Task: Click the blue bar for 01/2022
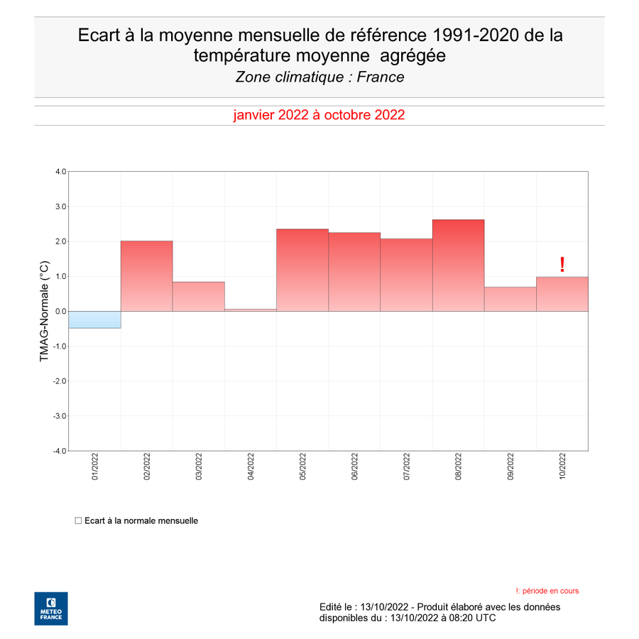(94, 319)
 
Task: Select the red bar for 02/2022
(147, 276)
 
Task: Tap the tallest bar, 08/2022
(459, 266)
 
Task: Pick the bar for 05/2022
(302, 271)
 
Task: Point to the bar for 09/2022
(510, 299)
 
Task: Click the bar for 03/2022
(199, 297)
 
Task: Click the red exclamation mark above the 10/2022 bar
(562, 265)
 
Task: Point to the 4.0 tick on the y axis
(61, 172)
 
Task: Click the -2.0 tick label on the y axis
(60, 381)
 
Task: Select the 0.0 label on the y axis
(61, 312)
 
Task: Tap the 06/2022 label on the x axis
(354, 466)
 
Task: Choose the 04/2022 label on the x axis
(251, 466)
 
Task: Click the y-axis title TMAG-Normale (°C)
(44, 311)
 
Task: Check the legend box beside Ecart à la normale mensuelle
(78, 520)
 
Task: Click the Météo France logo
(51, 608)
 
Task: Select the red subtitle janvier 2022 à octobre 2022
(319, 115)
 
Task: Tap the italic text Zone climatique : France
(320, 77)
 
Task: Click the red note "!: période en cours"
(547, 591)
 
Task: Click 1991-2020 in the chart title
(476, 35)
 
